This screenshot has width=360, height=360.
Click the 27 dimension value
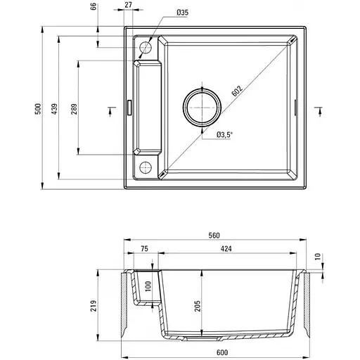127,6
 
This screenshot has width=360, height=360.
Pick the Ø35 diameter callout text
182,13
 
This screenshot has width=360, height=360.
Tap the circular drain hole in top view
202,107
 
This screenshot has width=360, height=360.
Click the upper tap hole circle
146,47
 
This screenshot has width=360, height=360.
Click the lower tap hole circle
146,166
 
